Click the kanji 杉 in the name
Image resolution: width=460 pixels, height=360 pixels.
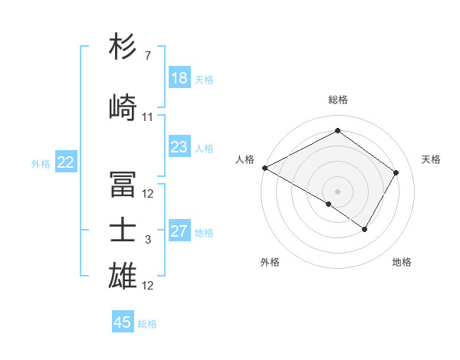point(123,47)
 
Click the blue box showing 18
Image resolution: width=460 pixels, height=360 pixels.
point(179,78)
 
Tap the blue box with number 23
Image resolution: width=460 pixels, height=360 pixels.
point(179,147)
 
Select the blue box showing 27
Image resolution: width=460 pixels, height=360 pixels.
point(179,231)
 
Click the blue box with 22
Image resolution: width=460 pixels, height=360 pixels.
point(66,162)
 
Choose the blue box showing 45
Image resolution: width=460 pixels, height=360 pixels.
point(123,322)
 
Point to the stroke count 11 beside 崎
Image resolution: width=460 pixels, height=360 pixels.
point(147,117)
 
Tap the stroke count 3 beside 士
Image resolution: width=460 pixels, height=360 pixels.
point(147,240)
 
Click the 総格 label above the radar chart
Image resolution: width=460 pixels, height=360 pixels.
point(337,100)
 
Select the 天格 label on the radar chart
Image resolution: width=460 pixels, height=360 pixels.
point(431,159)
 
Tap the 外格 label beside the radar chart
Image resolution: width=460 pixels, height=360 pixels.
point(270,262)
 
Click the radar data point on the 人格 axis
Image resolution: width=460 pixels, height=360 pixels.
point(264,167)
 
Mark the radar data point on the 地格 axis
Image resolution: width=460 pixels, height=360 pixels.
point(365,229)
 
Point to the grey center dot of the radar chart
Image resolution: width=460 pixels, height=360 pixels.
point(337,190)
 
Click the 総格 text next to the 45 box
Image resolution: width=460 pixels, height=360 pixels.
point(147,324)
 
